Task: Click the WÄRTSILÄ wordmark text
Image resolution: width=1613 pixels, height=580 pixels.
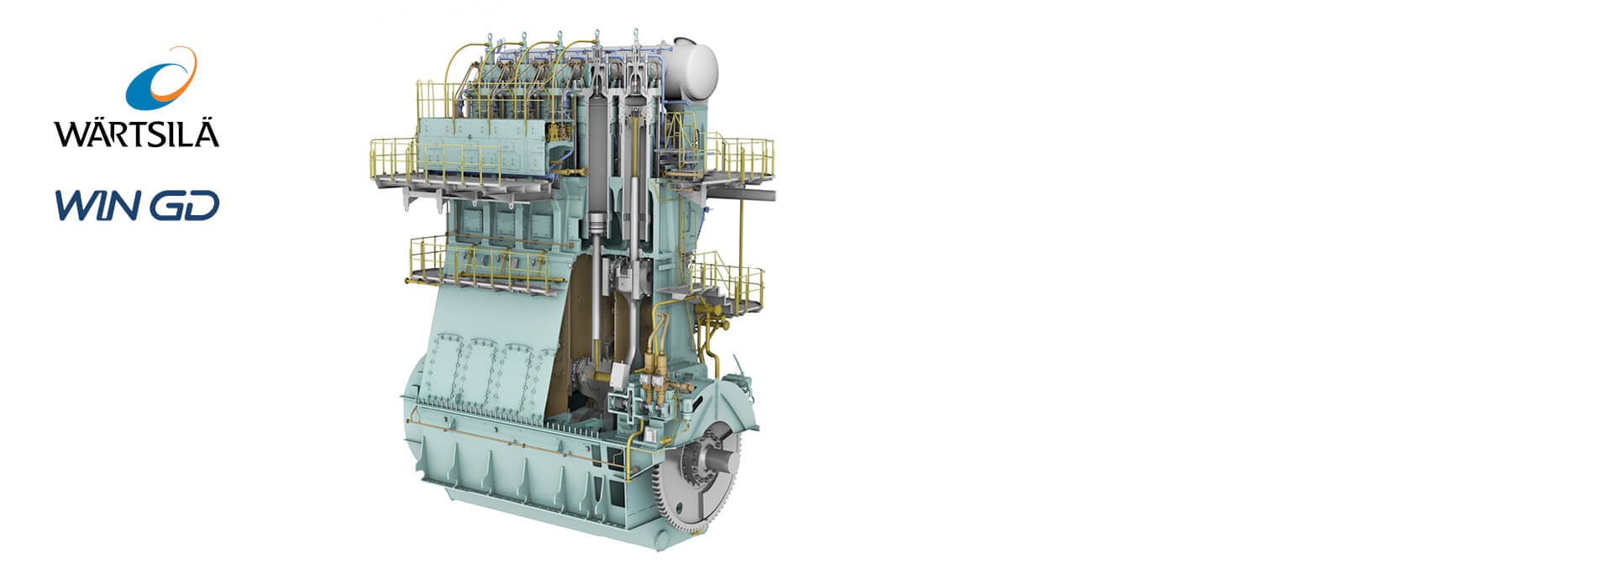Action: click(137, 133)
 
